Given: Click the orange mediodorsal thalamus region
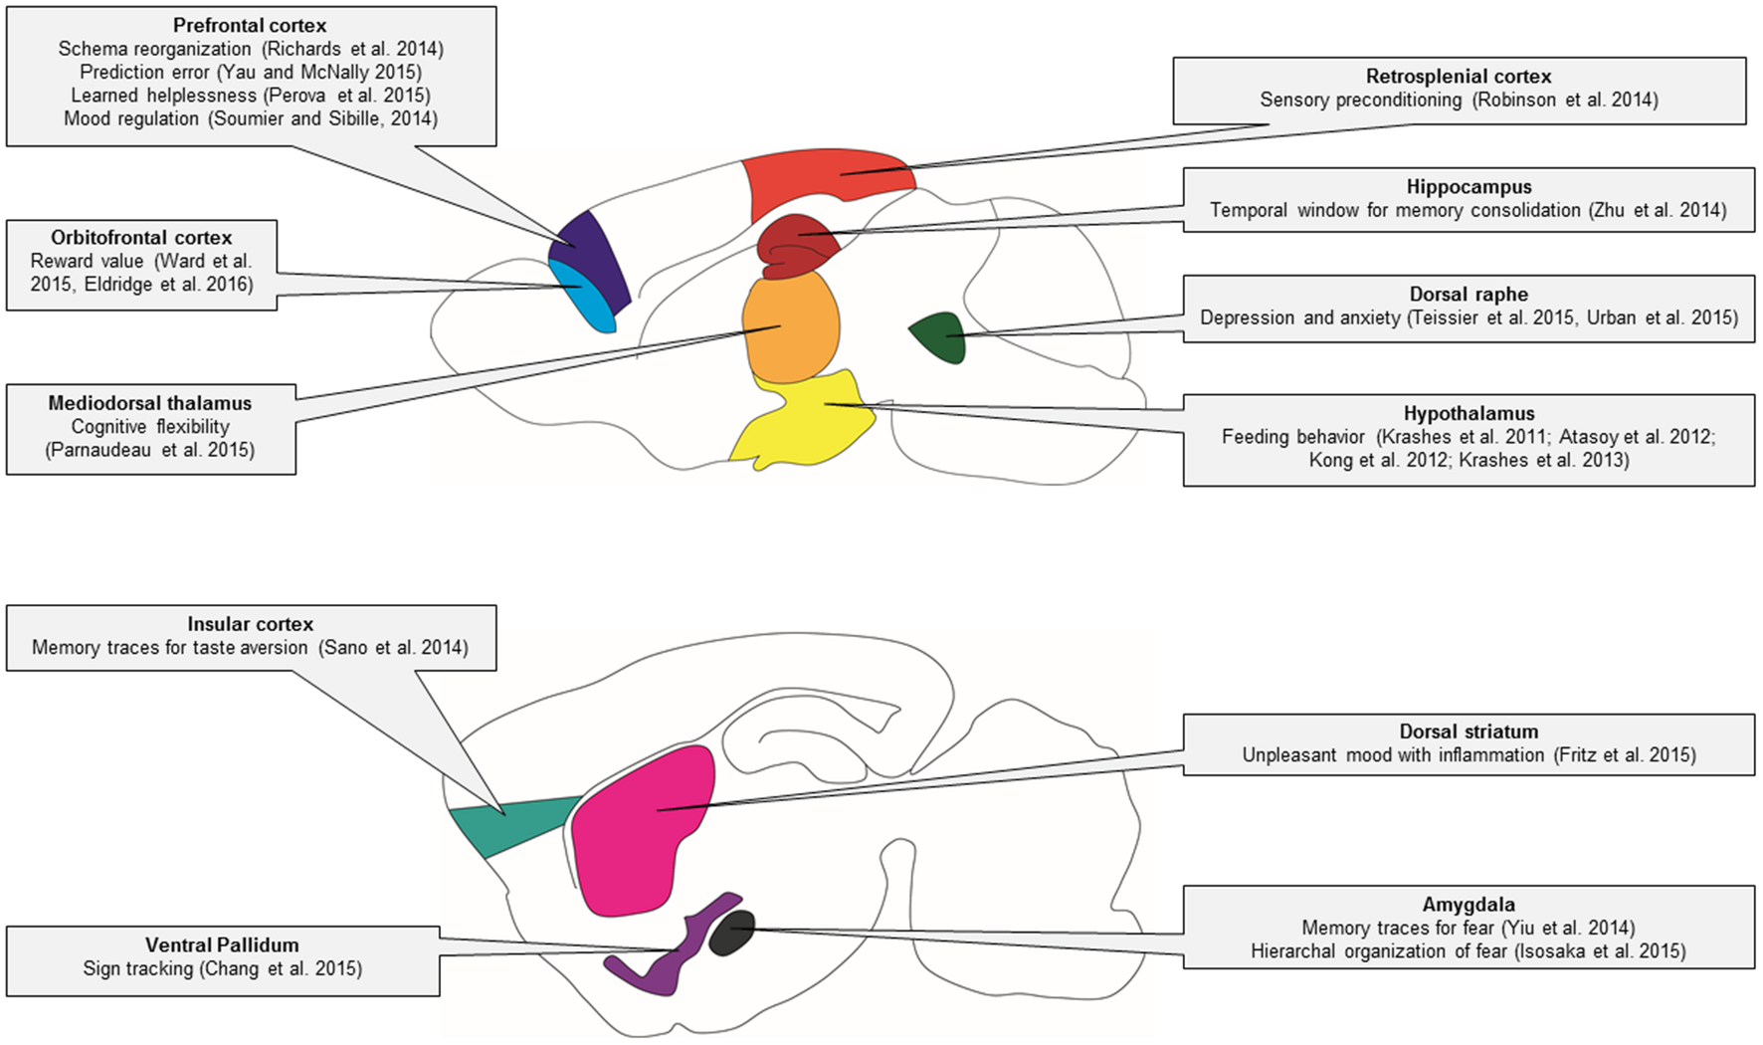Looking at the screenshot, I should tap(791, 328).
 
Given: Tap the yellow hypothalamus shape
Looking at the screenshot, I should tap(806, 423).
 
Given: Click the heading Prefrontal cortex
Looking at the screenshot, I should tap(250, 26).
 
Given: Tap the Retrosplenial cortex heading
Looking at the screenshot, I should tap(1458, 77).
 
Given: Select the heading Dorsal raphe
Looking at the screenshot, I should tap(1468, 295).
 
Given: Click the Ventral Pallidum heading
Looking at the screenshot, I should tap(222, 945).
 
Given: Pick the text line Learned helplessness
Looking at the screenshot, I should tap(164, 96).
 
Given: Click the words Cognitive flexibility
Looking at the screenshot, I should tap(150, 427).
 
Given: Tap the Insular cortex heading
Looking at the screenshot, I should tap(250, 624).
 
